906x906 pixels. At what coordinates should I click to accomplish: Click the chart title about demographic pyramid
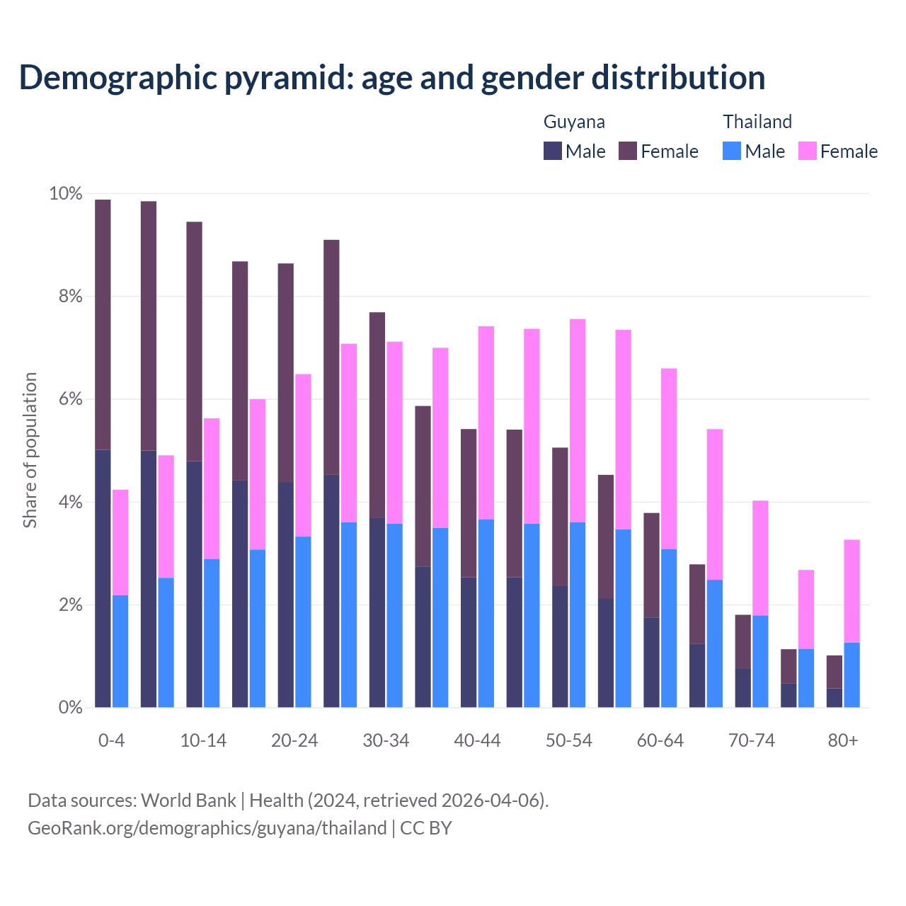coord(392,77)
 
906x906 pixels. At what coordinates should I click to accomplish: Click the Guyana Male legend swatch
coord(552,151)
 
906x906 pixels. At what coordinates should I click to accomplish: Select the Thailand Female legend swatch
coord(807,151)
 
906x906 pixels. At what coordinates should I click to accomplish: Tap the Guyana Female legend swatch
coord(628,151)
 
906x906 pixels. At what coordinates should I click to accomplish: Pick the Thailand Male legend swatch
coord(732,151)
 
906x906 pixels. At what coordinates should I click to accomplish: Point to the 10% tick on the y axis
coord(65,194)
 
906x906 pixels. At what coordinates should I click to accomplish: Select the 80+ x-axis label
coord(843,740)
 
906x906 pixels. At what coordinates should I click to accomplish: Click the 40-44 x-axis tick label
coord(477,740)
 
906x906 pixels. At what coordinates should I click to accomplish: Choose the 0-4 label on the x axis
coord(111,740)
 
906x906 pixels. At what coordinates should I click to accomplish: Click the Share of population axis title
coord(30,450)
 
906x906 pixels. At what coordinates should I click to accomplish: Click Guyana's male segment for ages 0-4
coord(103,578)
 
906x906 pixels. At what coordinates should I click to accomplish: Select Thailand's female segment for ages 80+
coord(851,591)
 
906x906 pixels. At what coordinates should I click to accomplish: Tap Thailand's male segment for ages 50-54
coord(578,614)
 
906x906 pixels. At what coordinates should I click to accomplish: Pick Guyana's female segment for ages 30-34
coord(377,415)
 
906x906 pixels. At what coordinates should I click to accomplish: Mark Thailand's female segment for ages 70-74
coord(760,558)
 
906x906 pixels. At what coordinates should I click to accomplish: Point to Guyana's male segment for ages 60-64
coord(651,662)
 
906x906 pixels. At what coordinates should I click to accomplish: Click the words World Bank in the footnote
coord(188,801)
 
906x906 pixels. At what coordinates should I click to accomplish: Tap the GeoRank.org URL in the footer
coord(207,828)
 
